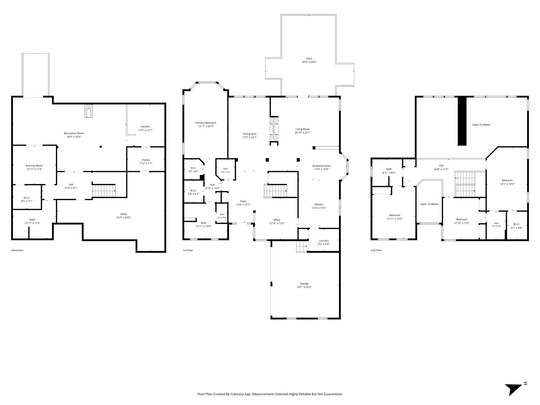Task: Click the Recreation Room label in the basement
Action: [x=74, y=133]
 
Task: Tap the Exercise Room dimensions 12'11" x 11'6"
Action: [x=34, y=169]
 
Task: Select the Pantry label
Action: [x=146, y=160]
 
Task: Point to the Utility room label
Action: [x=124, y=214]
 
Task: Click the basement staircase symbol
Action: [x=104, y=191]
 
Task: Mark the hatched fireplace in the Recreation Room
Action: [x=89, y=111]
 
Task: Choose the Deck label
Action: [x=309, y=59]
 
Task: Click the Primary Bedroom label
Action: [x=206, y=123]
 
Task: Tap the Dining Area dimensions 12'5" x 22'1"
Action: [x=249, y=137]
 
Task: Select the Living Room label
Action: [x=302, y=129]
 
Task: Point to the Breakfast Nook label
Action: [x=321, y=166]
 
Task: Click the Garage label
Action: [x=304, y=284]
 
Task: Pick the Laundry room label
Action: [x=324, y=240]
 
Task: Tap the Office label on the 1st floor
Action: [x=277, y=220]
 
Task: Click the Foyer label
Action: [x=243, y=201]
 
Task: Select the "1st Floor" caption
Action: [x=188, y=250]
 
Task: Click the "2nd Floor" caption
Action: [x=376, y=250]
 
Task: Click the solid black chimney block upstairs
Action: [x=462, y=121]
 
